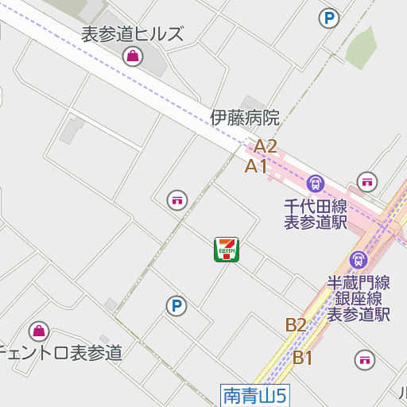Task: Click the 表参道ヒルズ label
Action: pyautogui.click(x=132, y=34)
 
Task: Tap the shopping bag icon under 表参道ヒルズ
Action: pyautogui.click(x=132, y=56)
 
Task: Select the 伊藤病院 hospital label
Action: pyautogui.click(x=245, y=118)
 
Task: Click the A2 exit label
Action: pyautogui.click(x=265, y=146)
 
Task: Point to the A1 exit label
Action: pyautogui.click(x=256, y=166)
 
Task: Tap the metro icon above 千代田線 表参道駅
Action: pyautogui.click(x=316, y=184)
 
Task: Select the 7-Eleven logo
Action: pyautogui.click(x=227, y=249)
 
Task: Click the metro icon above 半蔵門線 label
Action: pyautogui.click(x=359, y=259)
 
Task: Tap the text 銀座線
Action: pyautogui.click(x=359, y=298)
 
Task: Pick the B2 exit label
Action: pyautogui.click(x=296, y=324)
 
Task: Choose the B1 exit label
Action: pyautogui.click(x=302, y=358)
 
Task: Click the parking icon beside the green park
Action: pyautogui.click(x=328, y=17)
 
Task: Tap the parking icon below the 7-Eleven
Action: pyautogui.click(x=176, y=305)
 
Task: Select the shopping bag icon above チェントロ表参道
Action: pyautogui.click(x=38, y=331)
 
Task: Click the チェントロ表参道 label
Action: pyautogui.click(x=61, y=352)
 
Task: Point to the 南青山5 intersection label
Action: pyautogui.click(x=254, y=393)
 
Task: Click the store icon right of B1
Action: pyautogui.click(x=365, y=359)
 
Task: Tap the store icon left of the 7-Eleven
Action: pyautogui.click(x=176, y=200)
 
